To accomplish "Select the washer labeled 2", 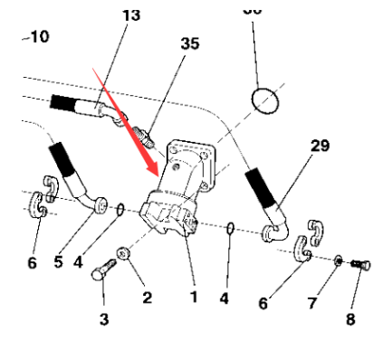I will [x=125, y=261].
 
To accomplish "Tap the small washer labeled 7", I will [x=337, y=260].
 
